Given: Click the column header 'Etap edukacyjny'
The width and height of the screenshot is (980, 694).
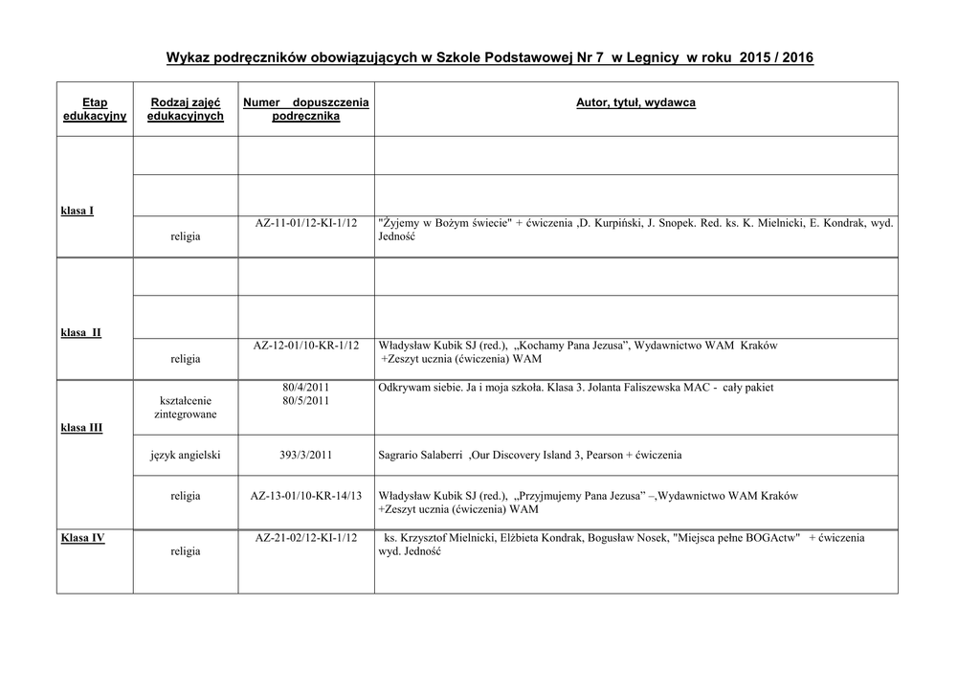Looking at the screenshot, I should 95,109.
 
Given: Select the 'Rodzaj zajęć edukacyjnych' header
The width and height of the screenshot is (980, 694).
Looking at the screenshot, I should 186,109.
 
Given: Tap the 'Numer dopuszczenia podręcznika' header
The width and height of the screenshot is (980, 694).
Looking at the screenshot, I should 306,109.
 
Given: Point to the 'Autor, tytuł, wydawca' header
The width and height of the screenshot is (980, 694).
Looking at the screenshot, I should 635,102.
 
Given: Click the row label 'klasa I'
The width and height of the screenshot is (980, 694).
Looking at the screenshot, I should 78,211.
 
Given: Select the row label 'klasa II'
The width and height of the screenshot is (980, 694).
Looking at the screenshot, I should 81,332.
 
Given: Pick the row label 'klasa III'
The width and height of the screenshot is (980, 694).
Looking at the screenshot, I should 81,428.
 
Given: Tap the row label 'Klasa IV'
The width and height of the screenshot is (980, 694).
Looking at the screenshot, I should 83,538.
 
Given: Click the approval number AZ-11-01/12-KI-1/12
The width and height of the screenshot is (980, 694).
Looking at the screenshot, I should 306,223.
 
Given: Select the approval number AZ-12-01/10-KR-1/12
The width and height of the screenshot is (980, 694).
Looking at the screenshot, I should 306,345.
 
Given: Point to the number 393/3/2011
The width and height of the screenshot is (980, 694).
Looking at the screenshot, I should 306,456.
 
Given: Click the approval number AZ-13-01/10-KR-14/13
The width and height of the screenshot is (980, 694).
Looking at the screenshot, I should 306,496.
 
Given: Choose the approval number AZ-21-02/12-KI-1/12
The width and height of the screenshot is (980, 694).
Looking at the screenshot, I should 306,538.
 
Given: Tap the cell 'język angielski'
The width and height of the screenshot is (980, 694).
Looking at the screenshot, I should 186,456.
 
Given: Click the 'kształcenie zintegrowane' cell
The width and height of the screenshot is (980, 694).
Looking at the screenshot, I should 186,407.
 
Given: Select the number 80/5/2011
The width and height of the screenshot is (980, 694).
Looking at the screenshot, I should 306,401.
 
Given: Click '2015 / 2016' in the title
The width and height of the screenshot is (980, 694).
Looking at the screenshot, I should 776,58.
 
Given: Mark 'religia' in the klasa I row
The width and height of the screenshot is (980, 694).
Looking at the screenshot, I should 186,236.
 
